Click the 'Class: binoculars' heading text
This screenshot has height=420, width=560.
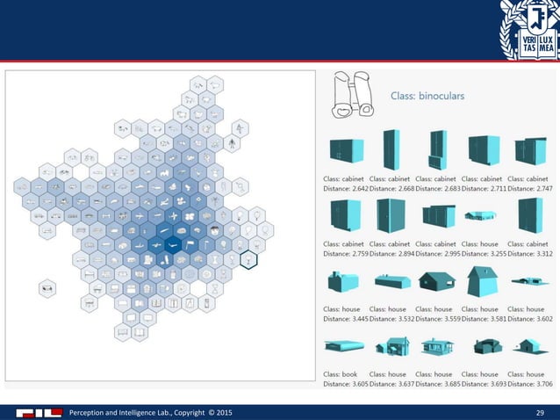[427, 95]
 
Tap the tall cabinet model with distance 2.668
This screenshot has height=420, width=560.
[391, 149]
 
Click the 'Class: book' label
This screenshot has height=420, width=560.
[341, 374]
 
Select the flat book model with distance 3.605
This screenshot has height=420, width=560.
[343, 348]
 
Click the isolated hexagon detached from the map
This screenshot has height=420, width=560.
[47, 287]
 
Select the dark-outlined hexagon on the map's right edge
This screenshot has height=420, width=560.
[250, 260]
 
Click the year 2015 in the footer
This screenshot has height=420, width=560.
[224, 411]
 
